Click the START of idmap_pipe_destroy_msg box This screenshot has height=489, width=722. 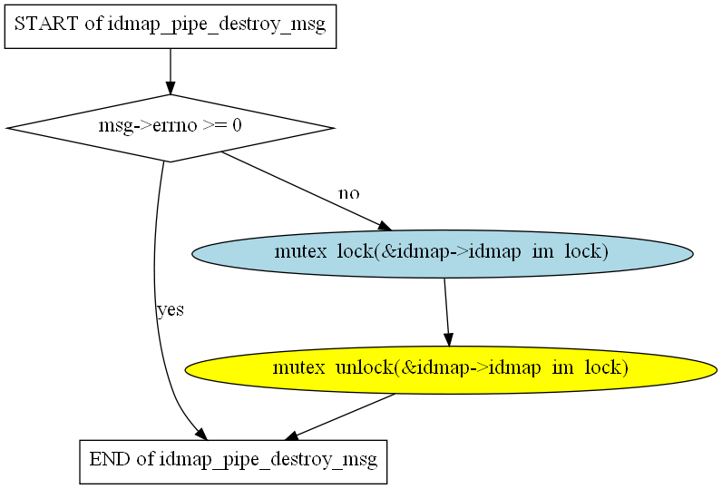171,26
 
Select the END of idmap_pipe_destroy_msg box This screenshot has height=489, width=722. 233,462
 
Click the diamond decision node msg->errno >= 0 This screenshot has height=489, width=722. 171,128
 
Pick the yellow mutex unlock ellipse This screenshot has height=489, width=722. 451,370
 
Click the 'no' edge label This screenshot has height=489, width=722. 349,193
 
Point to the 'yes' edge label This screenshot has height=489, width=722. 171,310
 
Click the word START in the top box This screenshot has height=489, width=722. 46,24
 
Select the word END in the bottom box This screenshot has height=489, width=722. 110,459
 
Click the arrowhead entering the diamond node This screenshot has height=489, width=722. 171,88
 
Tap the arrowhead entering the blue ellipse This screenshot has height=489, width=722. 385,226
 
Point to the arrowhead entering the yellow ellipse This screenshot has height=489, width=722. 448,340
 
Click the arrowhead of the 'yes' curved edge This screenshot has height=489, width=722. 201,435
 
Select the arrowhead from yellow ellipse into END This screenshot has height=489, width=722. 292,435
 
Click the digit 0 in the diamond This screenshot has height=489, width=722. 237,125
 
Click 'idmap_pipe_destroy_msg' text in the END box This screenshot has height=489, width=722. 268,460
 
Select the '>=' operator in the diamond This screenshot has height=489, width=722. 215,125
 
